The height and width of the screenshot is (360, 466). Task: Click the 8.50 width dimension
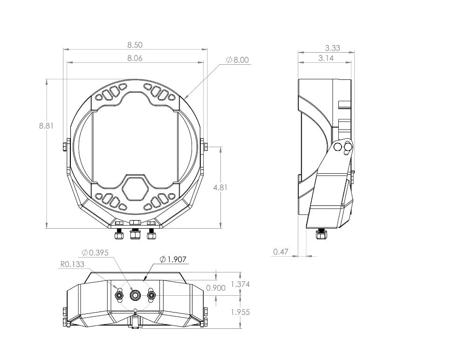pyautogui.click(x=135, y=45)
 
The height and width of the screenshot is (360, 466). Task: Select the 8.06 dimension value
pyautogui.click(x=135, y=59)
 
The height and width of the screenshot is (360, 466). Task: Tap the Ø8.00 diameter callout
pyautogui.click(x=238, y=60)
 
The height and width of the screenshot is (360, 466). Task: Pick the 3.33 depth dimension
pyautogui.click(x=332, y=48)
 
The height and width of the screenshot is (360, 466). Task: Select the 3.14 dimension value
pyautogui.click(x=326, y=58)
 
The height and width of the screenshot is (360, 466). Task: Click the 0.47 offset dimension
pyautogui.click(x=281, y=252)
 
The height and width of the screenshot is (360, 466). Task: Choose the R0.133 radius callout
pyautogui.click(x=72, y=264)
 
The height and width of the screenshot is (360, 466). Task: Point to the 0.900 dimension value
pyautogui.click(x=216, y=288)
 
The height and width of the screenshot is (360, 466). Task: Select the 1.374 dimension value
pyautogui.click(x=240, y=284)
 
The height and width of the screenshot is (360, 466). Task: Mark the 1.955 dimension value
pyautogui.click(x=240, y=312)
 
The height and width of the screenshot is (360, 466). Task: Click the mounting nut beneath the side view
pyautogui.click(x=320, y=235)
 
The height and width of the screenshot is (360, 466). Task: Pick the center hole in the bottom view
pyautogui.click(x=136, y=295)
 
